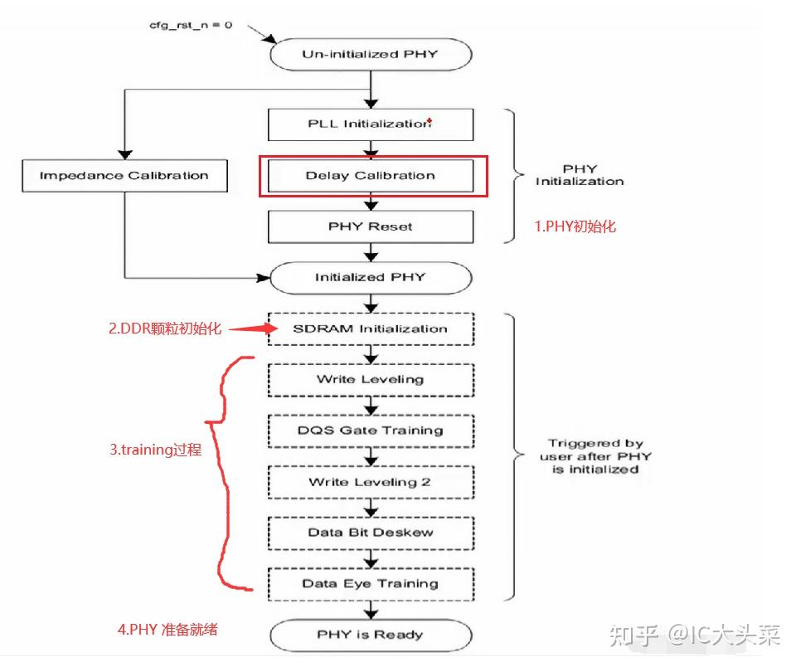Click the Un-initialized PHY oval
click(371, 55)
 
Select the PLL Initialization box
click(371, 124)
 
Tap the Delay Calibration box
click(371, 175)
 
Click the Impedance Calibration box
click(124, 175)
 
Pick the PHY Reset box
click(371, 226)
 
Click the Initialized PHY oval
click(371, 277)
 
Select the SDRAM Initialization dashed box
click(371, 329)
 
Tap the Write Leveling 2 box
click(371, 482)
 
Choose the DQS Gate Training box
click(371, 431)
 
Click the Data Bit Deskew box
click(371, 533)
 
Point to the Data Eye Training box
click(371, 583)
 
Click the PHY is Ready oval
click(371, 635)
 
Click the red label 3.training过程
click(155, 450)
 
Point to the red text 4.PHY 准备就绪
click(167, 629)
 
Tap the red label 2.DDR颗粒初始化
click(165, 329)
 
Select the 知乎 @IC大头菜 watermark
click(695, 635)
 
